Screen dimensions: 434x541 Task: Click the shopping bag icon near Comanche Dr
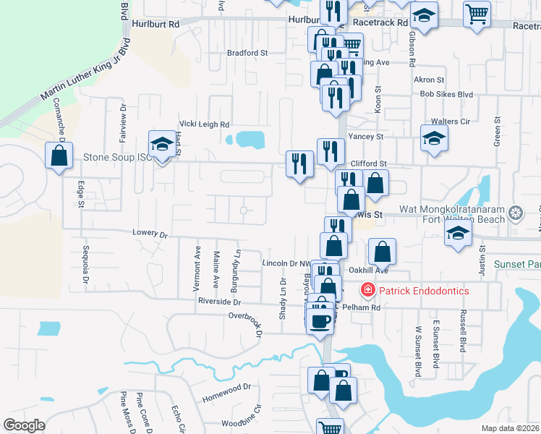(x=59, y=155)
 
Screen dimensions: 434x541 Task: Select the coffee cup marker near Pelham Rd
(x=320, y=319)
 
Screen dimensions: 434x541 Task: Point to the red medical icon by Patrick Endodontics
(x=367, y=291)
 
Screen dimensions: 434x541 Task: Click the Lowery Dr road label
(x=150, y=234)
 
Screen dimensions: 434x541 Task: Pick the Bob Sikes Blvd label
(x=446, y=94)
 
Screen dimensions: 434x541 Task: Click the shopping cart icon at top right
(x=477, y=13)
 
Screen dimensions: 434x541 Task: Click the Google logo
(x=24, y=425)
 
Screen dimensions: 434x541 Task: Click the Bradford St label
(x=247, y=53)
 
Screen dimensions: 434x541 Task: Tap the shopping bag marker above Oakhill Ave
(x=382, y=252)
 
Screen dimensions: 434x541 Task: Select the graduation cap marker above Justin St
(x=458, y=234)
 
